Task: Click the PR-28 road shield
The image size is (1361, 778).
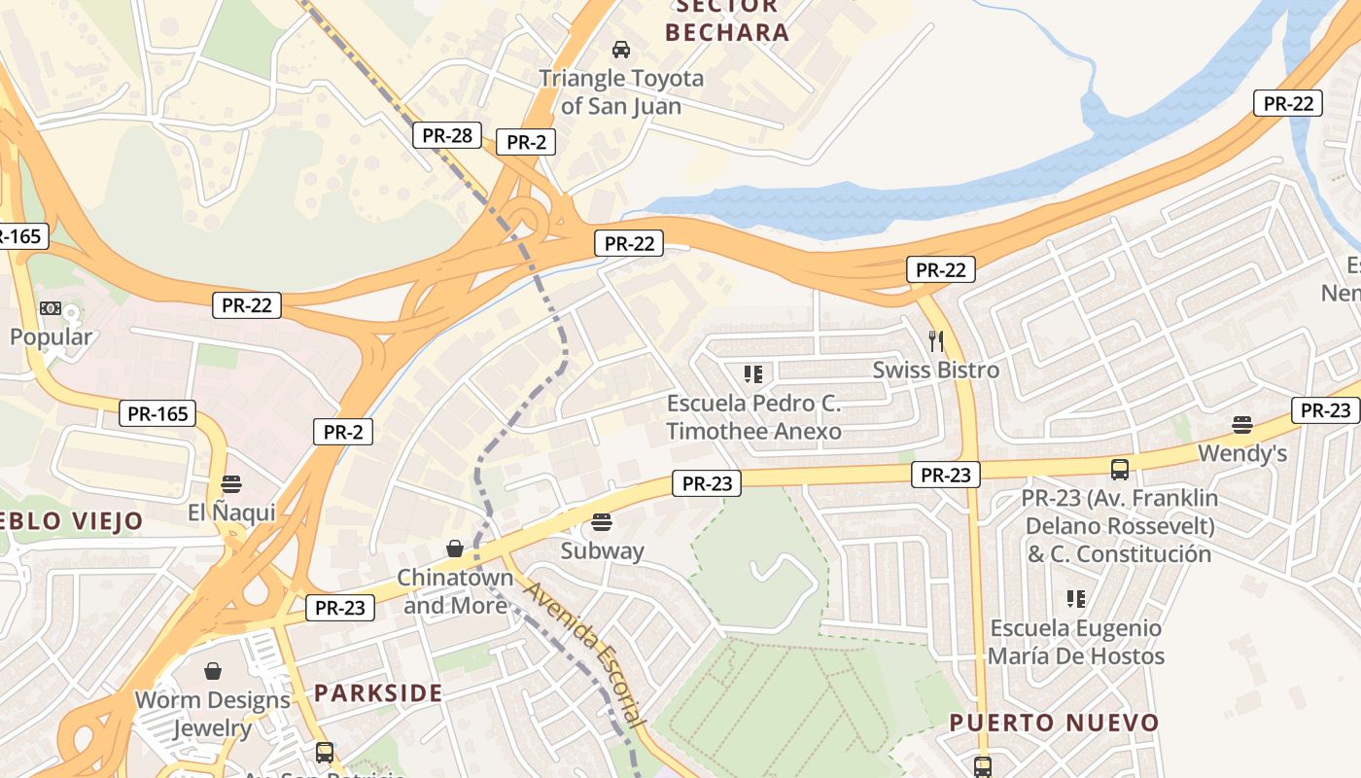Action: [x=447, y=135]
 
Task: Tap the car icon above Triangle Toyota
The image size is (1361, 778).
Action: [x=620, y=49]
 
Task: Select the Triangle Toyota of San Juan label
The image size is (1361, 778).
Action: [x=621, y=91]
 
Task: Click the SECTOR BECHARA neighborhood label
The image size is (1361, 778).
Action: [x=727, y=19]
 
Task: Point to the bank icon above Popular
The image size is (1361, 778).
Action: [x=50, y=308]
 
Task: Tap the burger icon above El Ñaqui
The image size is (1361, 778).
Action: [x=230, y=483]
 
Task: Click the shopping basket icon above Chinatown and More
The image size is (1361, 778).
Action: [x=455, y=548]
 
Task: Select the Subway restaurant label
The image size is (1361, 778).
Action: [x=602, y=550]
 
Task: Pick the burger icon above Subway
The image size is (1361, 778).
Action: [x=602, y=522]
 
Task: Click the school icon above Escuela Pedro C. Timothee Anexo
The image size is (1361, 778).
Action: [x=752, y=373]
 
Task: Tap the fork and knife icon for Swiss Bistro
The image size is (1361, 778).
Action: [x=936, y=340]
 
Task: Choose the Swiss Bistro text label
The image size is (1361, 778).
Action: [x=935, y=371]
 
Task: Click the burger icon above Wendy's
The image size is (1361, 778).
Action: [x=1241, y=424]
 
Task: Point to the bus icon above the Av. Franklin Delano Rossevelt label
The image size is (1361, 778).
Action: [x=1120, y=470]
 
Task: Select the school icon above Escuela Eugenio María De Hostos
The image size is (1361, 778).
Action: [x=1075, y=599]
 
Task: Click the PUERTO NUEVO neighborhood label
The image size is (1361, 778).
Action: [x=1054, y=723]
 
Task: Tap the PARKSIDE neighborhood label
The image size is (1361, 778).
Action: [x=378, y=693]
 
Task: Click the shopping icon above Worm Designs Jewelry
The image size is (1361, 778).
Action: [x=213, y=671]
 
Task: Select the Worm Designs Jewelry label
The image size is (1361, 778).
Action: [x=213, y=714]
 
